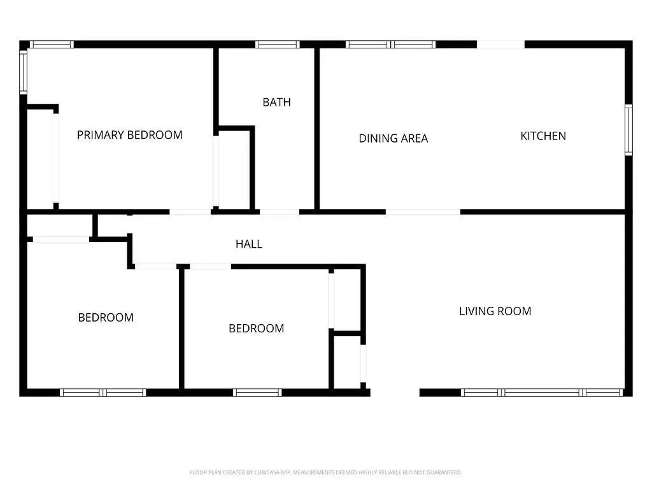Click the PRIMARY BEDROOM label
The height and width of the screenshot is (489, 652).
point(130,135)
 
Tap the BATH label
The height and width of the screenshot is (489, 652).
point(276,103)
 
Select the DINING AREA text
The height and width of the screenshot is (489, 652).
point(393,138)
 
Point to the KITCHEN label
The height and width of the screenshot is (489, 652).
point(543,136)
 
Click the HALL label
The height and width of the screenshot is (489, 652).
point(249,244)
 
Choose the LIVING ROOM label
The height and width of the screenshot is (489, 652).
point(495,311)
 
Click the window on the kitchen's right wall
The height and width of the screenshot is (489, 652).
point(628,130)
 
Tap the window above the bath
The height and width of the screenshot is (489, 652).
point(278,45)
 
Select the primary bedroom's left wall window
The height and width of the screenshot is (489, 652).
point(24,71)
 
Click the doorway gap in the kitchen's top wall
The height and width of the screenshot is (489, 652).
point(500,45)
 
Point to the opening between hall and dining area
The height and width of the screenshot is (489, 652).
point(423,212)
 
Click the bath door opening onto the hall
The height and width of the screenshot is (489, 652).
point(280,212)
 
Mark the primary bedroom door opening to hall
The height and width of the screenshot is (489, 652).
point(190,212)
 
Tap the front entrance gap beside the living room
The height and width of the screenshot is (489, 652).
point(395,392)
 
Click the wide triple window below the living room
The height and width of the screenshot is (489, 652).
point(542,392)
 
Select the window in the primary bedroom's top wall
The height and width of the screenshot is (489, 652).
point(52,45)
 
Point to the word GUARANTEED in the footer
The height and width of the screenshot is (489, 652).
point(445,472)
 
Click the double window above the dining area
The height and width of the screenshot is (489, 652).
point(390,45)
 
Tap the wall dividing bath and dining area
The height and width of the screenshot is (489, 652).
point(317,129)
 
